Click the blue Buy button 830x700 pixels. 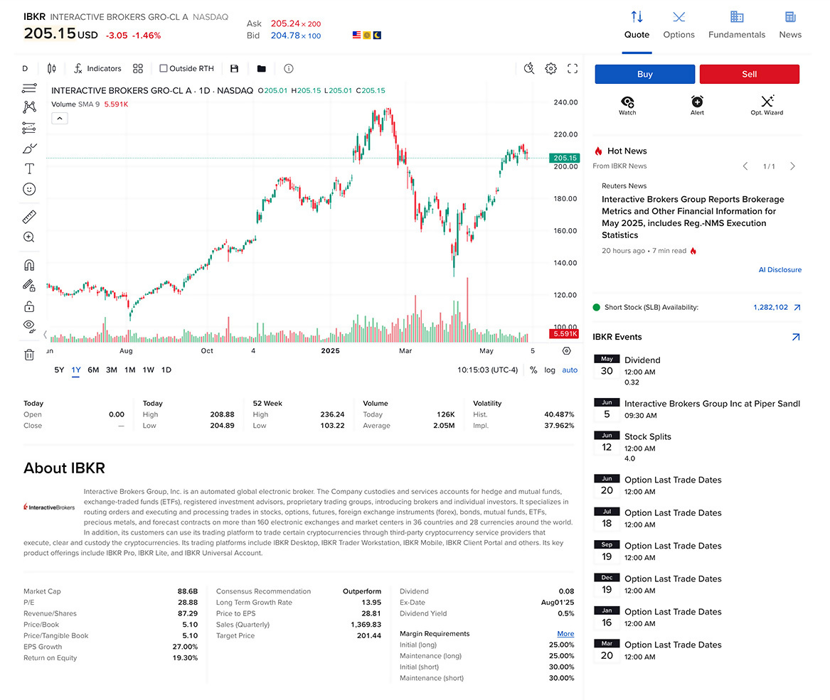coord(644,74)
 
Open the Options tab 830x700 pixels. coord(679,25)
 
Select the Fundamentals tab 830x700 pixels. coord(737,25)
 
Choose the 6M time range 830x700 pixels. coord(93,370)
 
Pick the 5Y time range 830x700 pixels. coord(59,370)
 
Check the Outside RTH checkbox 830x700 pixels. coord(164,69)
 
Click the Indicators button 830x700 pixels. coord(97,69)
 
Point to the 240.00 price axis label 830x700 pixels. coord(565,102)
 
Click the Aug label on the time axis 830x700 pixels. coord(126,351)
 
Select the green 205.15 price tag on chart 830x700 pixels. coord(564,158)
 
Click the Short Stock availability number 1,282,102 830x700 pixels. coord(770,308)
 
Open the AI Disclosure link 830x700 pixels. coord(780,270)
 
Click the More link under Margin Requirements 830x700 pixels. coord(565,634)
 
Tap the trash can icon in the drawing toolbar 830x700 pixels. coord(29,355)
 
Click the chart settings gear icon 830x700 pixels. coord(550,69)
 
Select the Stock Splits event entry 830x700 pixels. coord(647,437)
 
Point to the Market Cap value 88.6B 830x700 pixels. coord(188,591)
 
